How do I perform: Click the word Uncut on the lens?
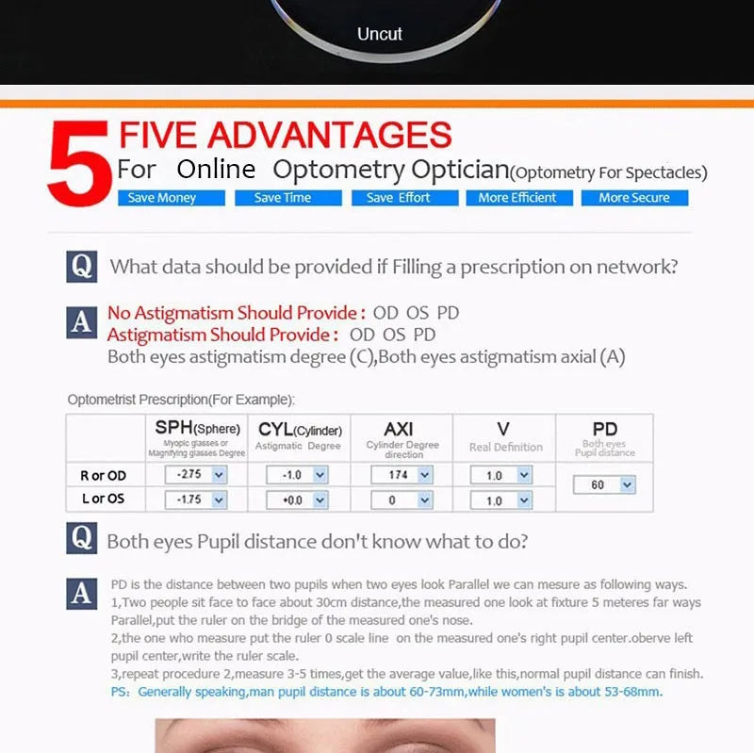[x=380, y=34]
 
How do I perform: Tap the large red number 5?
[x=79, y=163]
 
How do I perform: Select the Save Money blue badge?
[x=172, y=198]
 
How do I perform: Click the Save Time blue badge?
[x=288, y=198]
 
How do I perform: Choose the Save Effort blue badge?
[x=405, y=198]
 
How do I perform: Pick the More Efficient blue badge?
[x=519, y=198]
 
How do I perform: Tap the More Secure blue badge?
[x=634, y=198]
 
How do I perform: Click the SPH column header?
[x=197, y=428]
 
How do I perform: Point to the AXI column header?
[x=399, y=429]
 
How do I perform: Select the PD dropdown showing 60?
[x=604, y=484]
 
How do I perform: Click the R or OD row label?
[x=104, y=476]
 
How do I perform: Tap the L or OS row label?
[x=104, y=499]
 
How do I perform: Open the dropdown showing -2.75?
[x=196, y=475]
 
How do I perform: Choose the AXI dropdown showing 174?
[x=402, y=475]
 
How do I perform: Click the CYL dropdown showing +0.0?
[x=298, y=500]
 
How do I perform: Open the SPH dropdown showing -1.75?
[x=196, y=500]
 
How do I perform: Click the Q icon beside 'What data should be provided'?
[x=82, y=267]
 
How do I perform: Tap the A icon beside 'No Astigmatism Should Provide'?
[x=82, y=322]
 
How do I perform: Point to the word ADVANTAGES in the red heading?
[x=329, y=135]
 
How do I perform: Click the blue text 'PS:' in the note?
[x=121, y=692]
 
